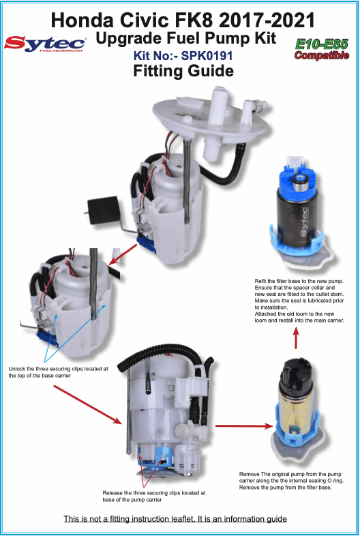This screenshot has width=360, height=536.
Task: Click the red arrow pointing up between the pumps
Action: click(x=295, y=337)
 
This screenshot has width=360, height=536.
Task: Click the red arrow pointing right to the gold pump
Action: click(x=238, y=426)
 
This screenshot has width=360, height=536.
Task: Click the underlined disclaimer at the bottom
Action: click(x=175, y=519)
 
